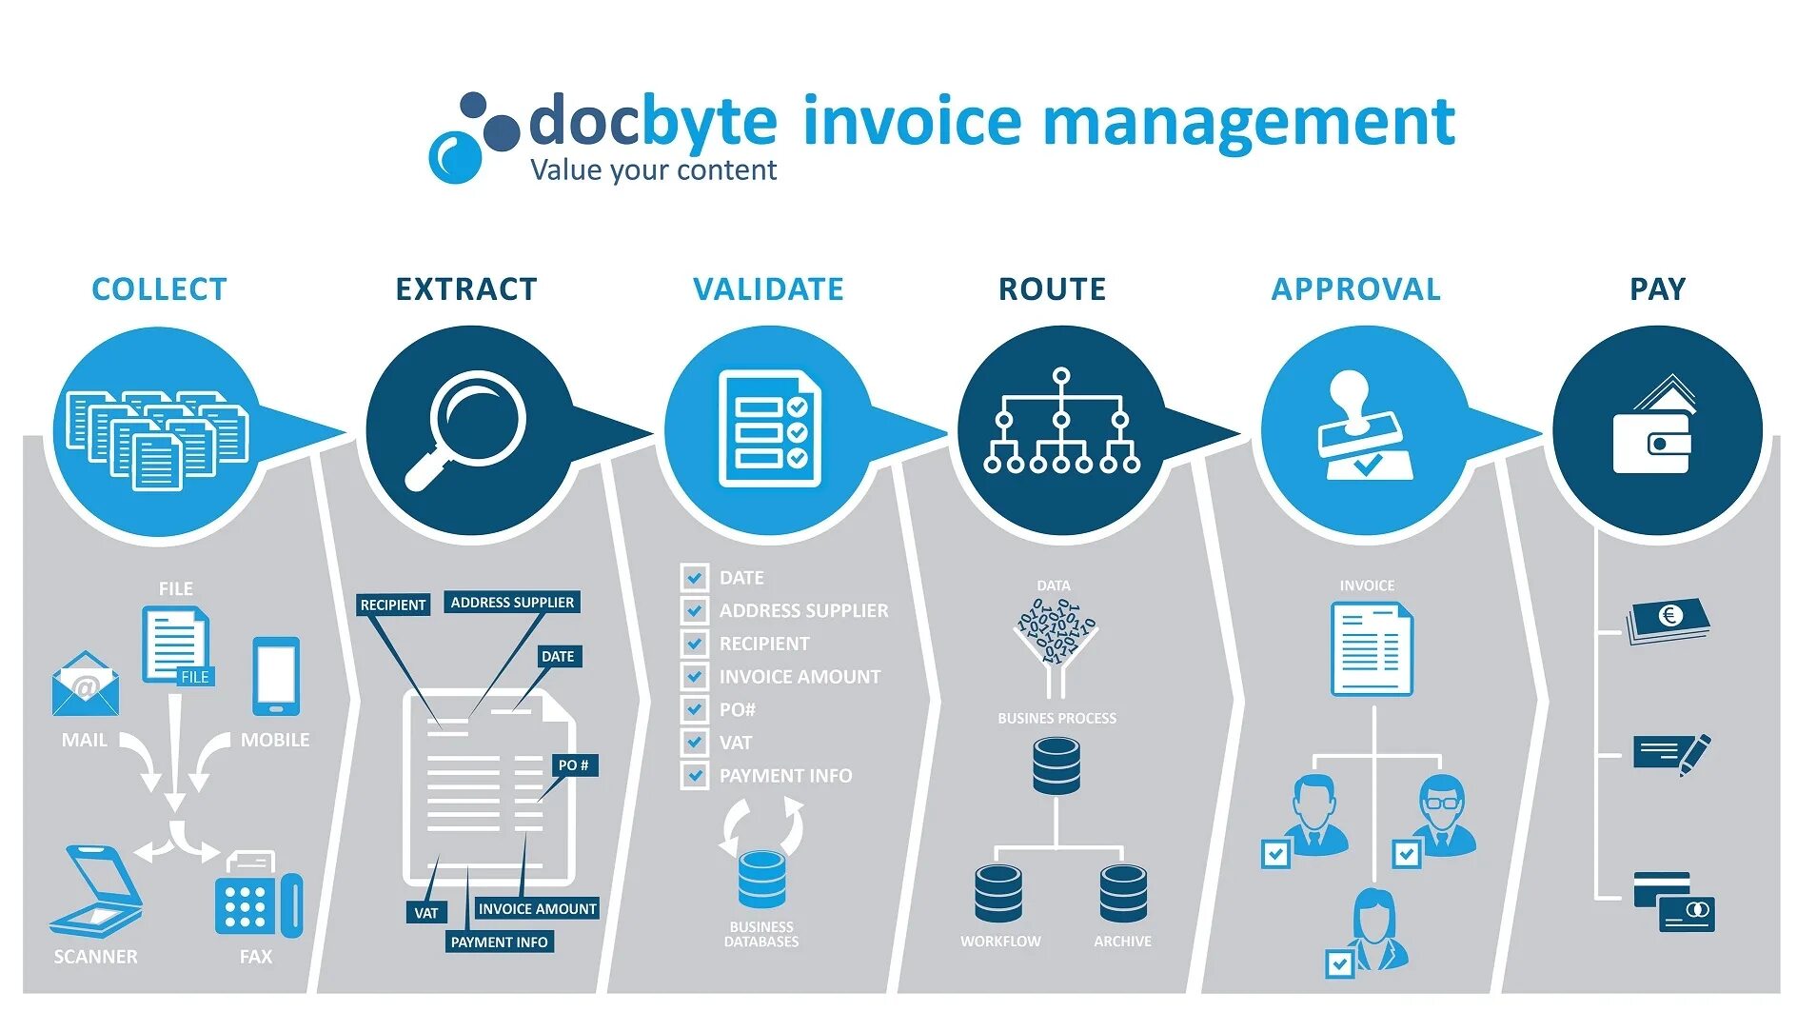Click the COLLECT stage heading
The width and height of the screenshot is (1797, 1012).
tap(159, 288)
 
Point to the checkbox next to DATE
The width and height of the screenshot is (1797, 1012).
tap(694, 577)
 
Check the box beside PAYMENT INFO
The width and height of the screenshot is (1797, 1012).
tap(694, 775)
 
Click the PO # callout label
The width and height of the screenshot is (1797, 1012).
tap(573, 765)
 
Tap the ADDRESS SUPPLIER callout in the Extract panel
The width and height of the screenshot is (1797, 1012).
tap(512, 603)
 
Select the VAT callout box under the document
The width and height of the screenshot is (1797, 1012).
tap(425, 913)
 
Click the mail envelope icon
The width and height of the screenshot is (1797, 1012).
tap(86, 685)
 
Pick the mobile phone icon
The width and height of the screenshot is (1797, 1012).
tap(276, 676)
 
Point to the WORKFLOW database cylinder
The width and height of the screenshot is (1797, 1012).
tap(998, 893)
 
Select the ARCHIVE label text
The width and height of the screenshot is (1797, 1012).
tap(1122, 942)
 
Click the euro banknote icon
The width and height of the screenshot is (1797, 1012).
tap(1669, 620)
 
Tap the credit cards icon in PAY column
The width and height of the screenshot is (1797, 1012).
tap(1674, 902)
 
